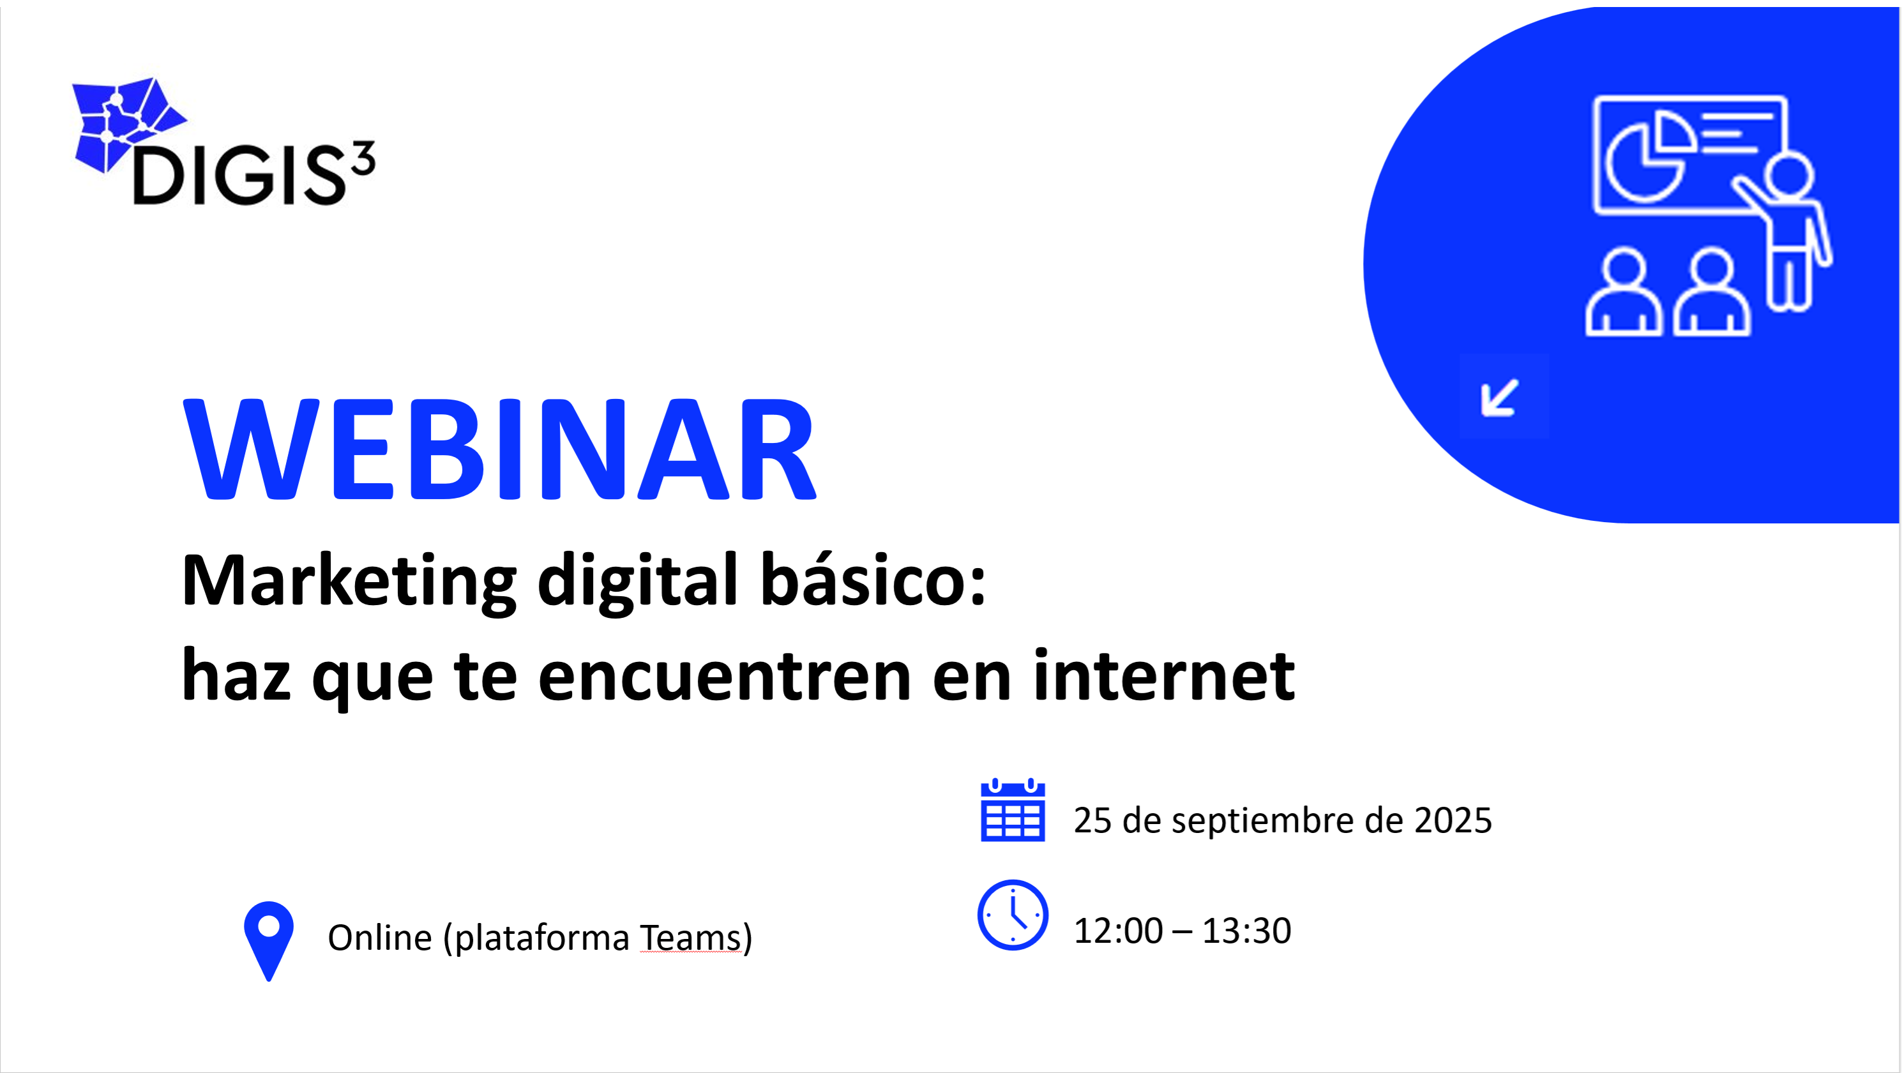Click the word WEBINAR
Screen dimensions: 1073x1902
[499, 449]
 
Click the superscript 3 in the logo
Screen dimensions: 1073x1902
[363, 158]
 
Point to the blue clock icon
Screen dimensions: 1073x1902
[1012, 915]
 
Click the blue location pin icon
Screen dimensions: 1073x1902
[269, 939]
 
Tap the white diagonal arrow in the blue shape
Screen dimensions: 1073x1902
[1500, 398]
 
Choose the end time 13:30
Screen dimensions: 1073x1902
[1246, 931]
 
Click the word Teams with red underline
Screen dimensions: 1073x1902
[690, 938]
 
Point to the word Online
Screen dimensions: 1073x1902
[379, 938]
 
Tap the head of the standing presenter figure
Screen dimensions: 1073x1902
[1788, 174]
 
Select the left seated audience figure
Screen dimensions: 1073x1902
[1624, 294]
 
